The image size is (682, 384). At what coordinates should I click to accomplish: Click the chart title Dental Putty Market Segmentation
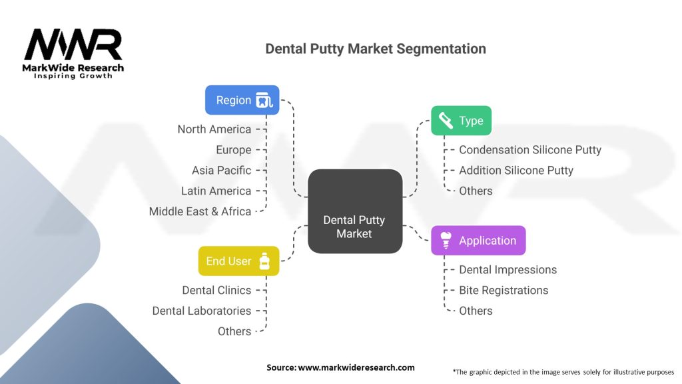pyautogui.click(x=375, y=49)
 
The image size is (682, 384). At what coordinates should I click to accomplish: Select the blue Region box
pyautogui.click(x=242, y=101)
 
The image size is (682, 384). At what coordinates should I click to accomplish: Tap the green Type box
pyautogui.click(x=461, y=121)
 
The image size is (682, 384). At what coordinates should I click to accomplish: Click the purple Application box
pyautogui.click(x=478, y=241)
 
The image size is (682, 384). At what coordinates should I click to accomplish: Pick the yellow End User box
pyautogui.click(x=238, y=261)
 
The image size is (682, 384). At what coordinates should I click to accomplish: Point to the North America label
pyautogui.click(x=214, y=129)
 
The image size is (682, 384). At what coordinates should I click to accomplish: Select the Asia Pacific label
pyautogui.click(x=221, y=170)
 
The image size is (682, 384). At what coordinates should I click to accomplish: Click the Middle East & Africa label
pyautogui.click(x=200, y=211)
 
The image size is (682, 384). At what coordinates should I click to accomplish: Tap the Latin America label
pyautogui.click(x=216, y=191)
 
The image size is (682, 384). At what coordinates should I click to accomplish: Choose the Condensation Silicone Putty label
pyautogui.click(x=529, y=150)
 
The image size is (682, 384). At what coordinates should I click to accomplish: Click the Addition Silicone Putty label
pyautogui.click(x=515, y=170)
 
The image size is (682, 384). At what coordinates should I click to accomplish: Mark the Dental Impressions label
pyautogui.click(x=508, y=270)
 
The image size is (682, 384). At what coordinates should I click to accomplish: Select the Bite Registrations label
pyautogui.click(x=504, y=290)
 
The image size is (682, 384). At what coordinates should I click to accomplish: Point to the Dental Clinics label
pyautogui.click(x=216, y=290)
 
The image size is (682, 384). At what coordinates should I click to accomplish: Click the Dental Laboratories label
pyautogui.click(x=201, y=311)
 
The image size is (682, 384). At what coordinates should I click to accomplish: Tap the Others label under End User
pyautogui.click(x=234, y=331)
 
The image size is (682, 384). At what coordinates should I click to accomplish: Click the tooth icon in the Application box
pyautogui.click(x=446, y=241)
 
